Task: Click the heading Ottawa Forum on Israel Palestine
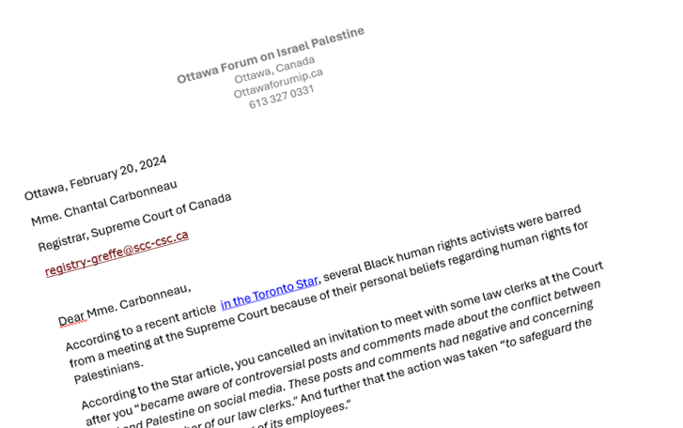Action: pos(270,55)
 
